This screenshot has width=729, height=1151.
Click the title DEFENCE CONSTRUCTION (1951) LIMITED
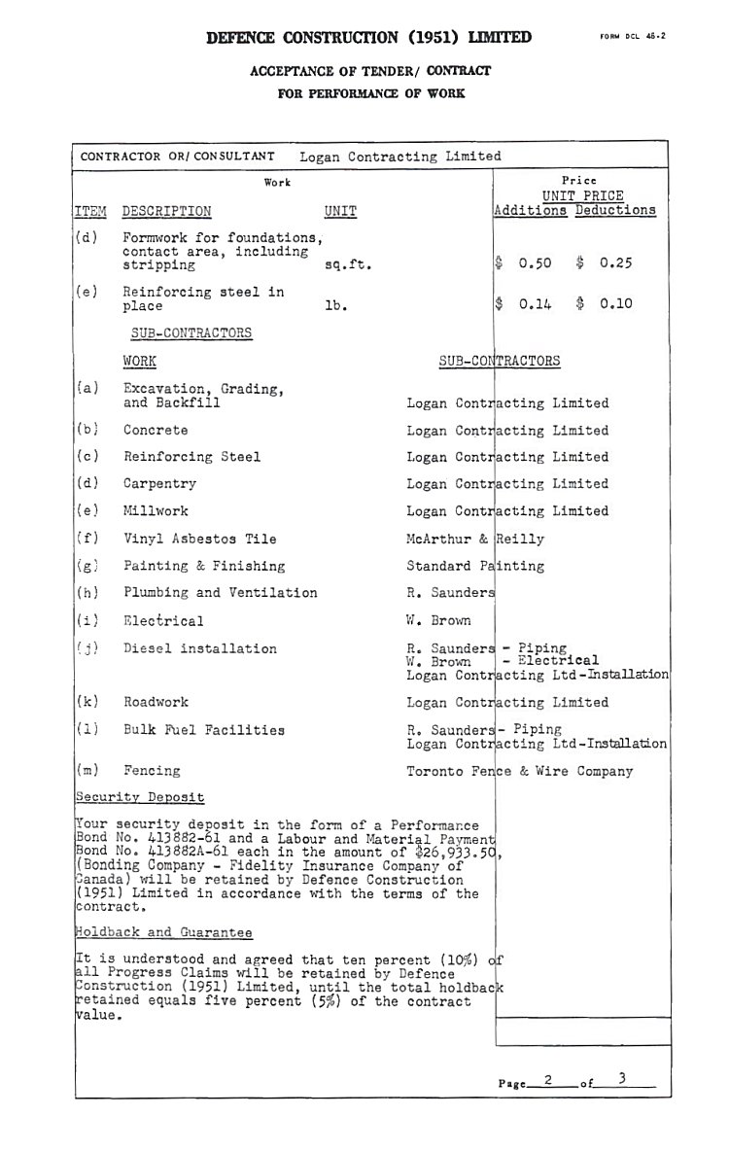coord(369,38)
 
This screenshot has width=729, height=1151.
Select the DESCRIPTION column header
coord(166,211)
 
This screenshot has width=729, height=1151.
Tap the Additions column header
coord(531,210)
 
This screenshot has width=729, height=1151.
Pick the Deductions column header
coord(615,210)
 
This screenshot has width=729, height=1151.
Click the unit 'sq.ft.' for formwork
coord(348,264)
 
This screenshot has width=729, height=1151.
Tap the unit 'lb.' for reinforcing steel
coord(335,305)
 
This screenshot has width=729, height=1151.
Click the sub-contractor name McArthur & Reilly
coord(475,539)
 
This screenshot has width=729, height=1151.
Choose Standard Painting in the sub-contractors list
coord(475,566)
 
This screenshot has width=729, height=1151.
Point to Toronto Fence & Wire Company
coord(519,771)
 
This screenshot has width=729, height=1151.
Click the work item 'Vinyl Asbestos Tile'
coord(199,539)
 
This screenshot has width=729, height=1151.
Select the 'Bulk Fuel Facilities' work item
coord(204,730)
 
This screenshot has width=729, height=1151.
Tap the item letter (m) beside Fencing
coord(87,771)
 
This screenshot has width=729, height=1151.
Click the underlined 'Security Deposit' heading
coord(140,797)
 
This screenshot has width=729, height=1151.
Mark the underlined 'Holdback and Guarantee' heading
coord(164,932)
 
